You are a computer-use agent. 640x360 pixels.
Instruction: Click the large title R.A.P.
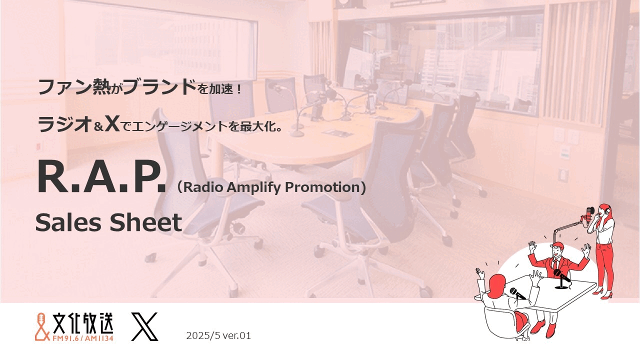coord(101,177)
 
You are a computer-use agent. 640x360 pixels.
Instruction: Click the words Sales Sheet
coord(108,222)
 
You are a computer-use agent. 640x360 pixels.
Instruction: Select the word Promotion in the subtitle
coord(322,187)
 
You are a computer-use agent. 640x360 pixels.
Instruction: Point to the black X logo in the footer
coord(144,326)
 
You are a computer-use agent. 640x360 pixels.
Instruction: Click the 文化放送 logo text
coord(83,323)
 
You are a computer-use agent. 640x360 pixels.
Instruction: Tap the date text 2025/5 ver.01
coord(218,335)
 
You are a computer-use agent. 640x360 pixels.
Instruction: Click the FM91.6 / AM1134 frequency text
coord(83,338)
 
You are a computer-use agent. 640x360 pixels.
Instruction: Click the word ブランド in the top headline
coord(160,87)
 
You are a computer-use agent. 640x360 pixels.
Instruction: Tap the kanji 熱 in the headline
coord(102,87)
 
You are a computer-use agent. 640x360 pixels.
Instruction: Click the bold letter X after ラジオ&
coord(112,124)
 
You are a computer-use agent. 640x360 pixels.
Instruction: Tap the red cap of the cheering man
coord(556,245)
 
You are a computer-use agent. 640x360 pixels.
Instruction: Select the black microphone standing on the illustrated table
coord(561,278)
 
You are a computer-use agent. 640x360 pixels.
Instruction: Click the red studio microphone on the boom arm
coord(589,215)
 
